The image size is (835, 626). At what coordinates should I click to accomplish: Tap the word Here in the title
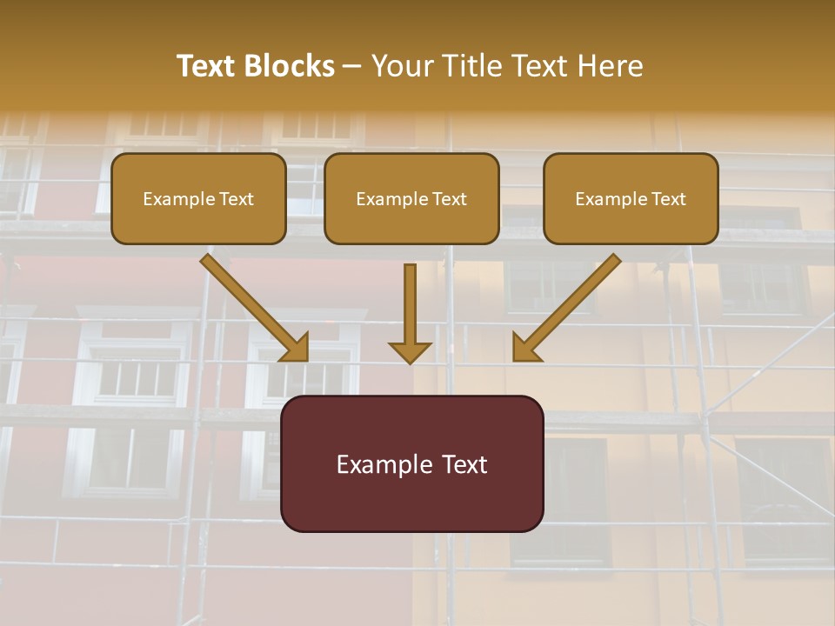(x=609, y=66)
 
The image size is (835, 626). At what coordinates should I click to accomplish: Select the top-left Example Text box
(x=198, y=198)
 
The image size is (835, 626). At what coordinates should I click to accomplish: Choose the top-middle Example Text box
(x=411, y=198)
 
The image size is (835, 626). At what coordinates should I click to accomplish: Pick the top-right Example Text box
(x=631, y=198)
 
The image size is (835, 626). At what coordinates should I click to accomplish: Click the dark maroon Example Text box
(x=411, y=463)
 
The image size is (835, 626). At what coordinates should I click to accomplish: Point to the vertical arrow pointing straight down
(x=410, y=304)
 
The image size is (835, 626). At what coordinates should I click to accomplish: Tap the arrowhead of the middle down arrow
(x=410, y=352)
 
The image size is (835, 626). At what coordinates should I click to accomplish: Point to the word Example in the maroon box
(x=379, y=464)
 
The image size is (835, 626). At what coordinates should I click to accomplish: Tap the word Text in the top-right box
(x=668, y=199)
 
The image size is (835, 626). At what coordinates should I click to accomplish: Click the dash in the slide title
(x=352, y=66)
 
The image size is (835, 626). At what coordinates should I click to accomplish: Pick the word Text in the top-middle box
(x=449, y=199)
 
